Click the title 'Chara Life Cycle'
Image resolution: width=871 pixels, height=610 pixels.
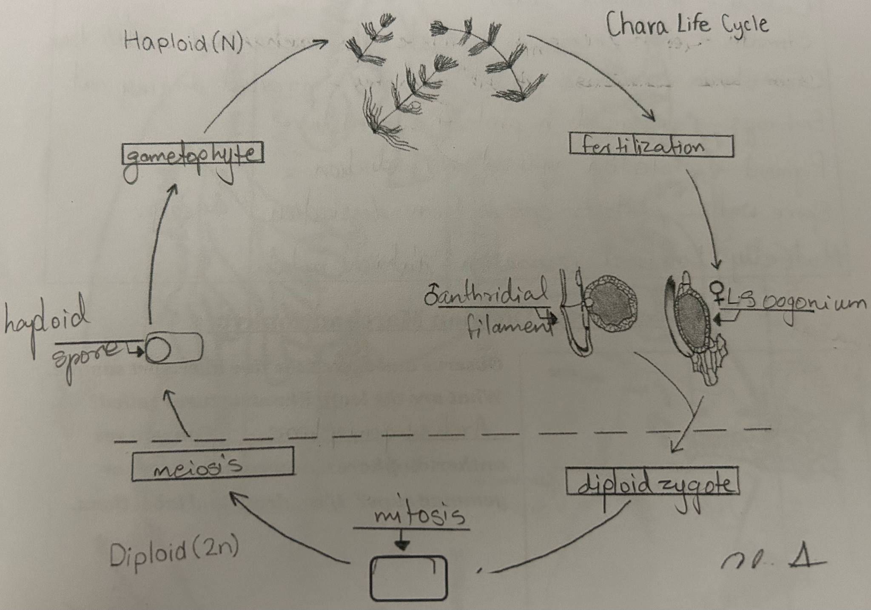[x=686, y=24]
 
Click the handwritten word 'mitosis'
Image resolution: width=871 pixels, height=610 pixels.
[x=418, y=516]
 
